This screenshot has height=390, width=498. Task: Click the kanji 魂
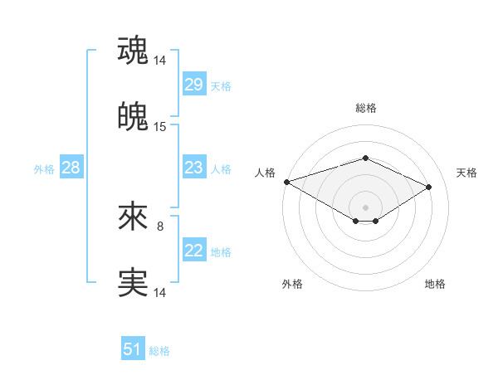[134, 51]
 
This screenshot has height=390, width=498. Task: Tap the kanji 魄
[134, 116]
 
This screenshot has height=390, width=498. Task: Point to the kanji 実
[134, 282]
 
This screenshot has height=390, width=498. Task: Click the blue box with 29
[193, 85]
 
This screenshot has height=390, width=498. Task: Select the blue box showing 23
[193, 168]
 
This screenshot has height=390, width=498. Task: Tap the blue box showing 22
[193, 251]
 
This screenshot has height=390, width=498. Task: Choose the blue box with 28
[71, 168]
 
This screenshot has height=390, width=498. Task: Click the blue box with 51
[132, 349]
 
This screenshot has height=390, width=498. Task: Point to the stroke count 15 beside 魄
[160, 127]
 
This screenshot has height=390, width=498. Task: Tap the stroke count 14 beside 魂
[160, 61]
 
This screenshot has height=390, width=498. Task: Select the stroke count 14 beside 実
[160, 293]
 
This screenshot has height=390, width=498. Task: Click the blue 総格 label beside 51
[159, 351]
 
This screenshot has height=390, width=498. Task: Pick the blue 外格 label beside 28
[44, 169]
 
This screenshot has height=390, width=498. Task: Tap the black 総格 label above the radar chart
[365, 108]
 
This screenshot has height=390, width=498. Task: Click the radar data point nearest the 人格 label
[286, 182]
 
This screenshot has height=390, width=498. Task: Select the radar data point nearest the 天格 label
[429, 188]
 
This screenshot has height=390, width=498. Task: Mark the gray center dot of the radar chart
[365, 207]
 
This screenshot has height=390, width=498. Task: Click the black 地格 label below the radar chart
[435, 284]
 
